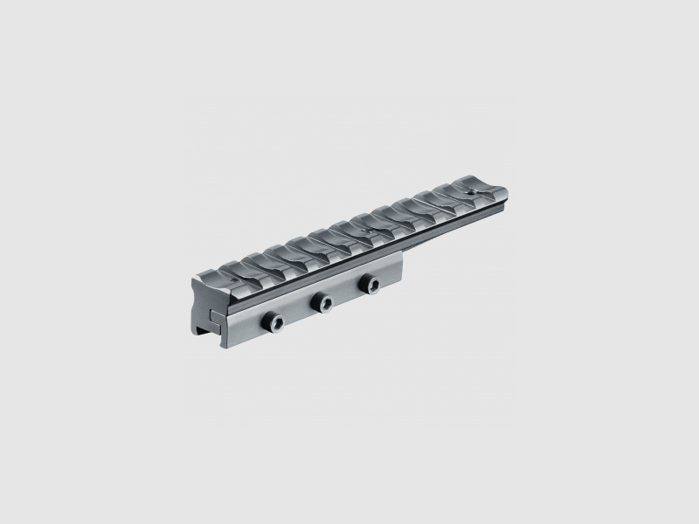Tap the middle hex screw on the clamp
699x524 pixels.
pyautogui.click(x=324, y=301)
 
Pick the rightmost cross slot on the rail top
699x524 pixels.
pyautogui.click(x=454, y=194)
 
